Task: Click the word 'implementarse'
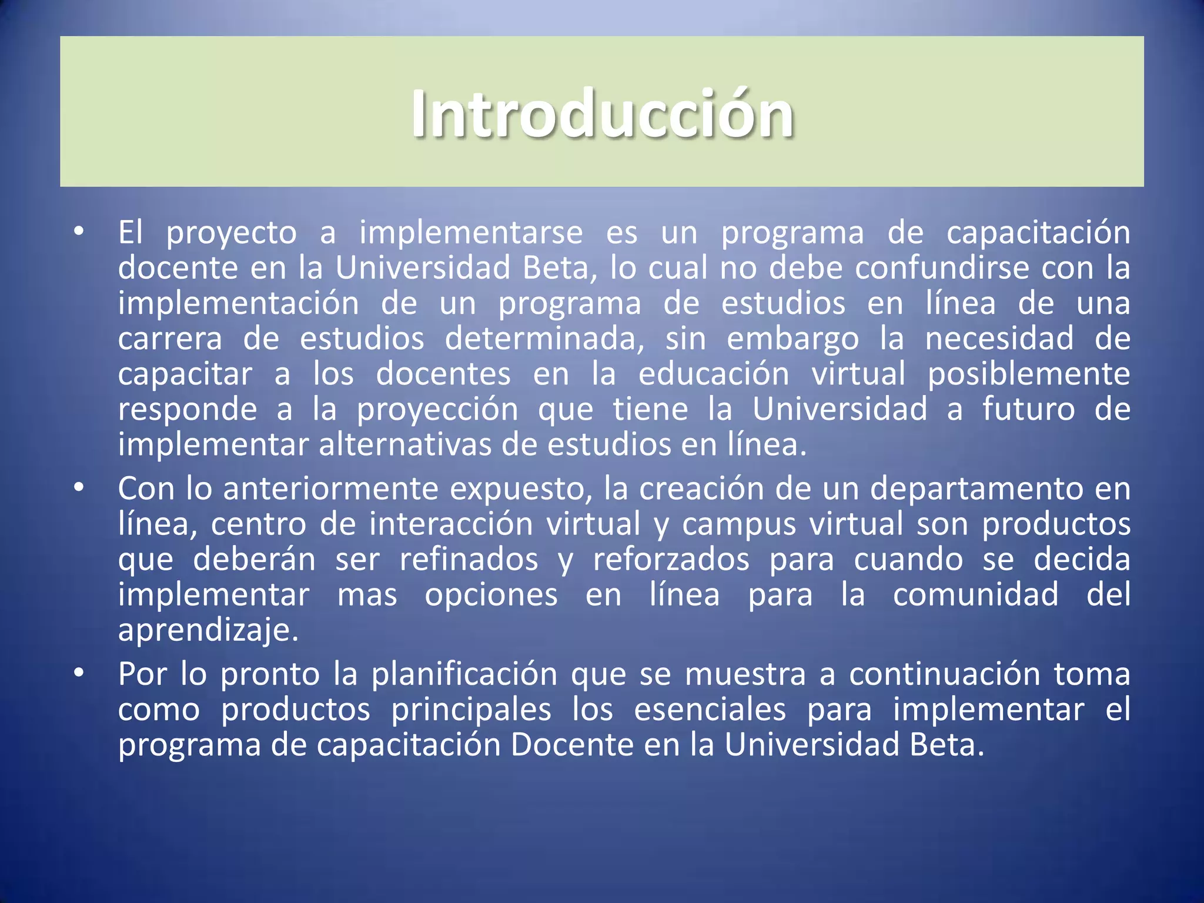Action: point(471,233)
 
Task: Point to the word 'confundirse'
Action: point(942,268)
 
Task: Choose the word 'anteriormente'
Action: point(331,489)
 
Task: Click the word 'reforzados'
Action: point(671,559)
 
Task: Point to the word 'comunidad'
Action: point(976,594)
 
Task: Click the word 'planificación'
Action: point(464,674)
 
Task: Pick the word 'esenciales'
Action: point(710,709)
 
